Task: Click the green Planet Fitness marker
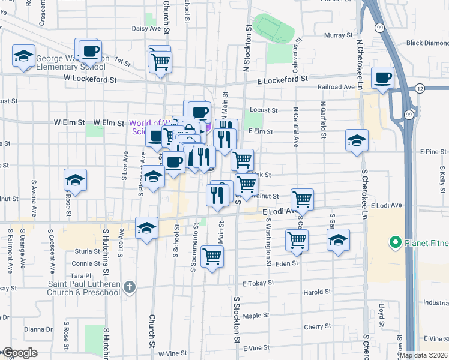click(x=395, y=243)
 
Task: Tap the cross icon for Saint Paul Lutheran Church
click(x=129, y=287)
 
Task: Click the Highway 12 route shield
click(x=419, y=89)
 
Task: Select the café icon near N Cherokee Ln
click(x=382, y=77)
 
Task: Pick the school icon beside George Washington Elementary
click(x=24, y=57)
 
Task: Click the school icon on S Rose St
click(x=76, y=179)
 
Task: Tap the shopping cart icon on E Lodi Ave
click(x=301, y=199)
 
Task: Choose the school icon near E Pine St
click(x=357, y=140)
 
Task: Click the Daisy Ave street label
click(x=148, y=28)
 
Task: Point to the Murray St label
click(x=334, y=36)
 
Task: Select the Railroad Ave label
click(x=336, y=87)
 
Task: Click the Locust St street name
click(x=264, y=110)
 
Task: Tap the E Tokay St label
click(x=258, y=282)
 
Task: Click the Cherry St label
click(x=314, y=327)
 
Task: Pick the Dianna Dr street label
click(x=38, y=329)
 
